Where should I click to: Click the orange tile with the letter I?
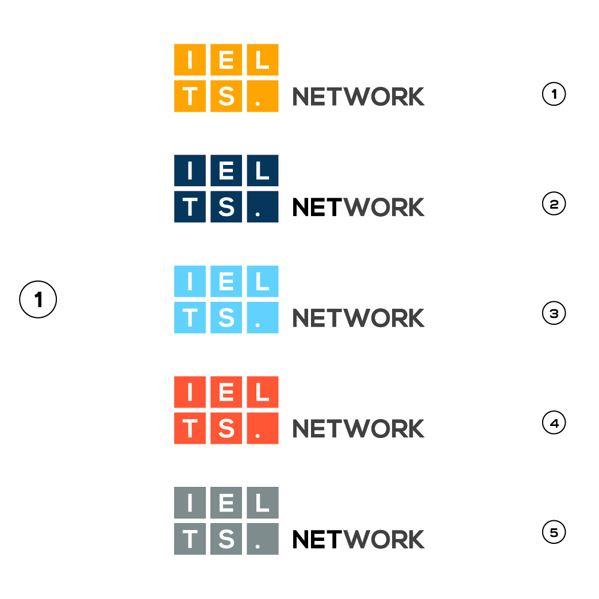190,60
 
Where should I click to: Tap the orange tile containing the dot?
263,96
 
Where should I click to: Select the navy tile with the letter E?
226,170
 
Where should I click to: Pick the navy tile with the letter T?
190,207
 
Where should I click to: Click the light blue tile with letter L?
263,281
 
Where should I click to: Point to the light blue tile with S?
226,317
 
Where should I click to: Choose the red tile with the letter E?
226,392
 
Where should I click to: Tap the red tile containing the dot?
263,428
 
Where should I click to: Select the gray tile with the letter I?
190,503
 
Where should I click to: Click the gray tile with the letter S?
226,539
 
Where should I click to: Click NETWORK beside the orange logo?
358,97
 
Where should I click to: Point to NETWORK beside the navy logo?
358,207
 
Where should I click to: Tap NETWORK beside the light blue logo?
358,318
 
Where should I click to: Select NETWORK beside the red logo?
358,429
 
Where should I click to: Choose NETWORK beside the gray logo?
358,539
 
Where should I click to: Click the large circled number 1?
38,299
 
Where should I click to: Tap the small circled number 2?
554,203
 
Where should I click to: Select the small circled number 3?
554,313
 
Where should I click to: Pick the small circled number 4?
554,423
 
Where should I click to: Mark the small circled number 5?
554,532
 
